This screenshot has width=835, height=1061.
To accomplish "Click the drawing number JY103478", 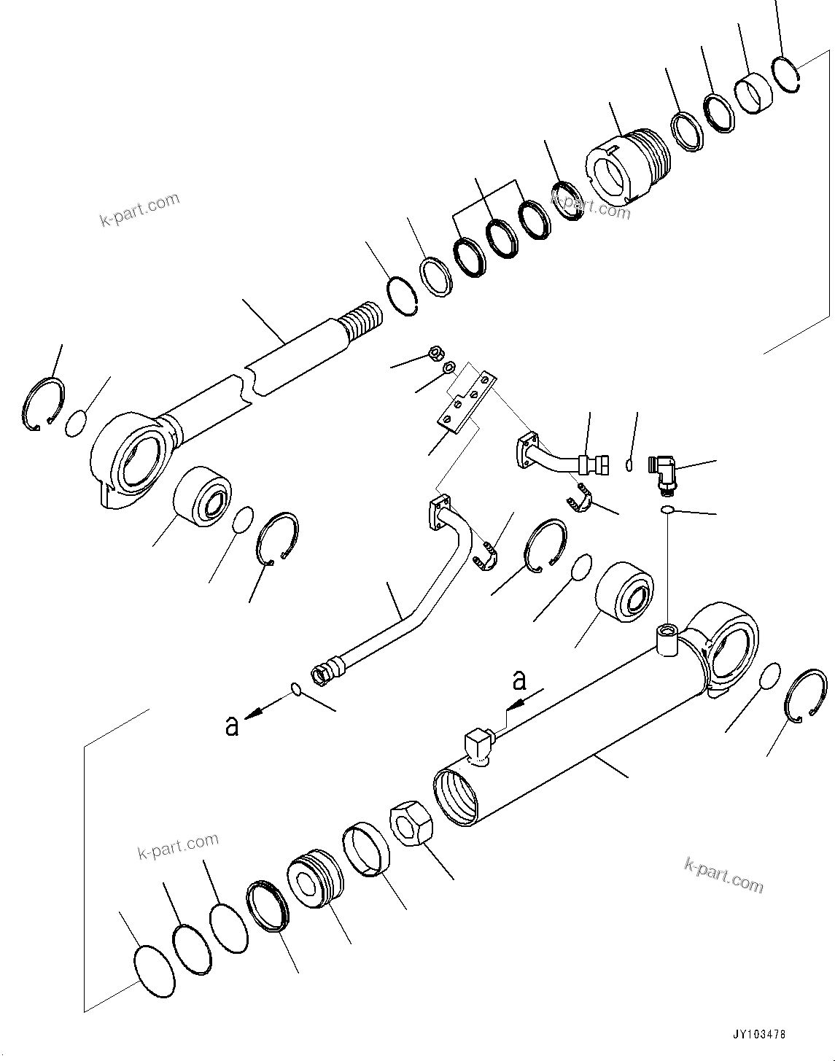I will pyautogui.click(x=759, y=1035).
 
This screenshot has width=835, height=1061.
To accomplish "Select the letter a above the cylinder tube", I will pyautogui.click(x=519, y=680).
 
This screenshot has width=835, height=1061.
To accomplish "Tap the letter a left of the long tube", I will pyautogui.click(x=232, y=725).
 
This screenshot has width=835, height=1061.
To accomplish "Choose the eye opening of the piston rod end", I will pyautogui.click(x=142, y=459).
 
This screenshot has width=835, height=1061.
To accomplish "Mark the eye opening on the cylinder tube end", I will pyautogui.click(x=730, y=645).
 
